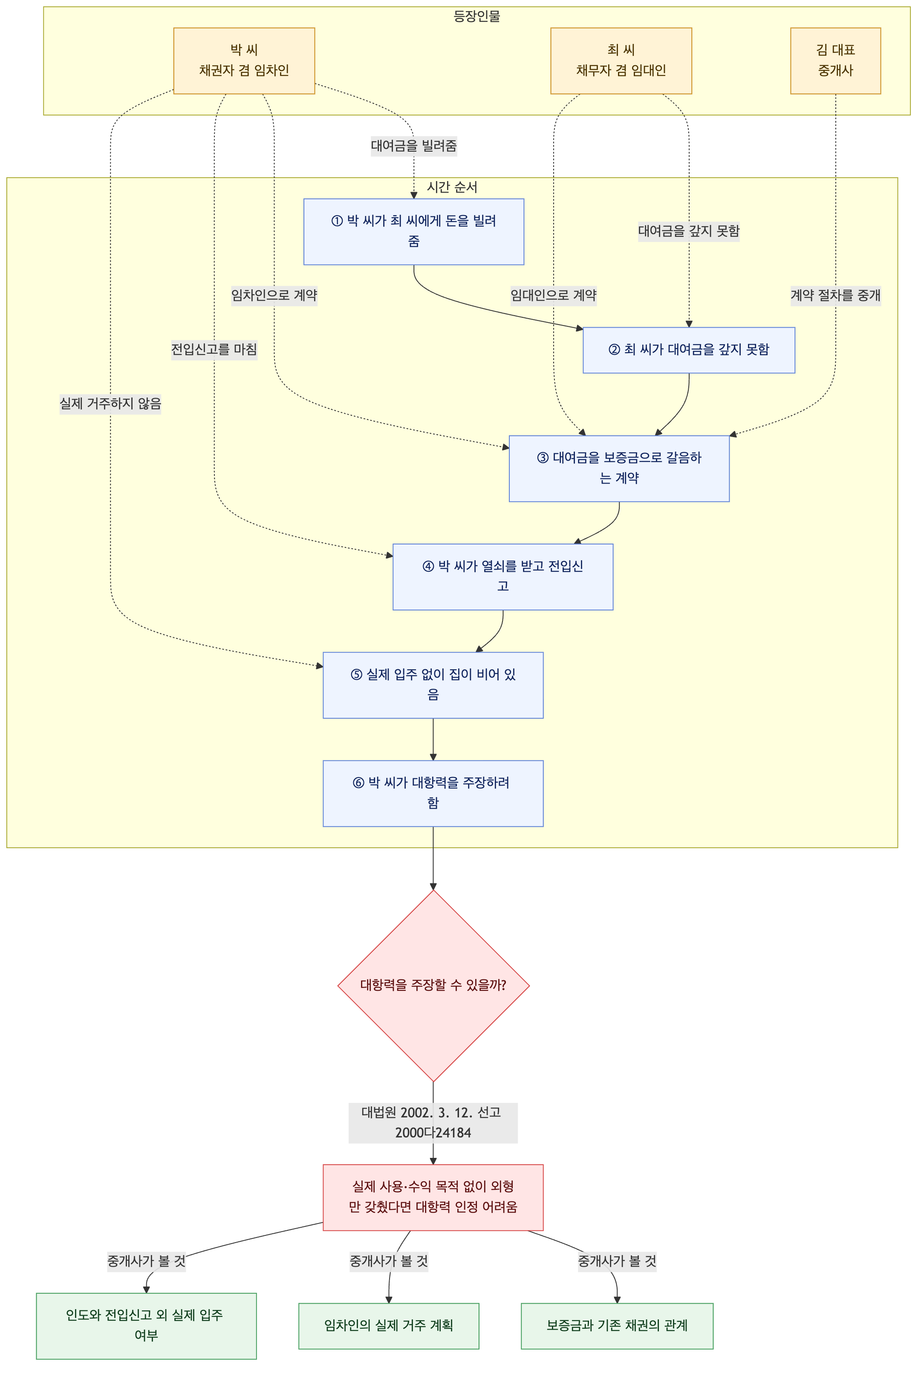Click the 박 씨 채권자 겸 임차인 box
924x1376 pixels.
pyautogui.click(x=244, y=60)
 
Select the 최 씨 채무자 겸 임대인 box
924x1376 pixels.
pyautogui.click(x=621, y=60)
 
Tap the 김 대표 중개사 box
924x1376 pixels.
pyautogui.click(x=836, y=60)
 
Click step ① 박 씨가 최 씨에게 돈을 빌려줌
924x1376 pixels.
pyautogui.click(x=414, y=231)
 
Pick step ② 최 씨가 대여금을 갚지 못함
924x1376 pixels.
pyautogui.click(x=689, y=350)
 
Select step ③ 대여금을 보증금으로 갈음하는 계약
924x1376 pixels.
pyautogui.click(x=619, y=468)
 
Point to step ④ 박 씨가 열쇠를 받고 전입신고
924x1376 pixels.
pyautogui.click(x=502, y=577)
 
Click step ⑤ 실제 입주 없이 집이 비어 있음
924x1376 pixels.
pyautogui.click(x=433, y=685)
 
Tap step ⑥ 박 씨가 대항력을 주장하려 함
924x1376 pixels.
pyautogui.click(x=433, y=794)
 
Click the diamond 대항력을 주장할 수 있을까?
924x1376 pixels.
pyautogui.click(x=433, y=985)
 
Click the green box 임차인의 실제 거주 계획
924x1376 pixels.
pyautogui.click(x=389, y=1326)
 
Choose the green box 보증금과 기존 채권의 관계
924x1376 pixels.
pyautogui.click(x=617, y=1326)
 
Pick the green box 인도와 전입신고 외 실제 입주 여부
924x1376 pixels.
pyautogui.click(x=146, y=1326)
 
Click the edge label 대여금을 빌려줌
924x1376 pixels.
pyautogui.click(x=414, y=146)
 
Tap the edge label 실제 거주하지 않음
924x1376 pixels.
pyautogui.click(x=110, y=403)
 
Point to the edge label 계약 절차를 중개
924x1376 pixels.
pyautogui.click(x=836, y=295)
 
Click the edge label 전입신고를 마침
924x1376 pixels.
pyautogui.click(x=214, y=349)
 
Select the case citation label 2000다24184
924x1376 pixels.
pyautogui.click(x=433, y=1133)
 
